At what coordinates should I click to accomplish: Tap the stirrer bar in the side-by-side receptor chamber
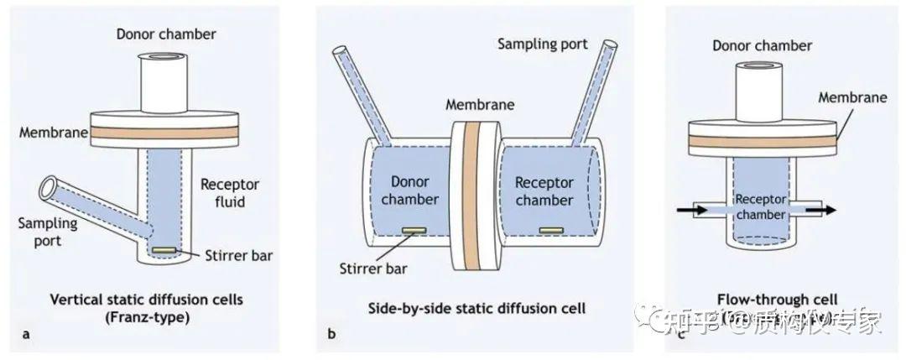(x=550, y=228)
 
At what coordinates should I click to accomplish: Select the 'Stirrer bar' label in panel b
(x=372, y=270)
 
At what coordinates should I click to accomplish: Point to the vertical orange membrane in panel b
(x=471, y=197)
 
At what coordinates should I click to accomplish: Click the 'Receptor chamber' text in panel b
(x=544, y=191)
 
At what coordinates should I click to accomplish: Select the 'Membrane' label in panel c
(x=853, y=97)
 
